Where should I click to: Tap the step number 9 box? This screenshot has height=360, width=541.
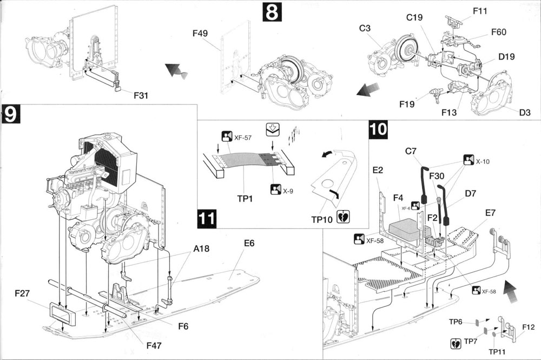(x=11, y=116)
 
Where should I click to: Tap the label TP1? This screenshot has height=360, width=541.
(x=246, y=198)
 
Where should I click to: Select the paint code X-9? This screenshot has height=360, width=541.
(x=287, y=191)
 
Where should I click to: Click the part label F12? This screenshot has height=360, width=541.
(x=529, y=327)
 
